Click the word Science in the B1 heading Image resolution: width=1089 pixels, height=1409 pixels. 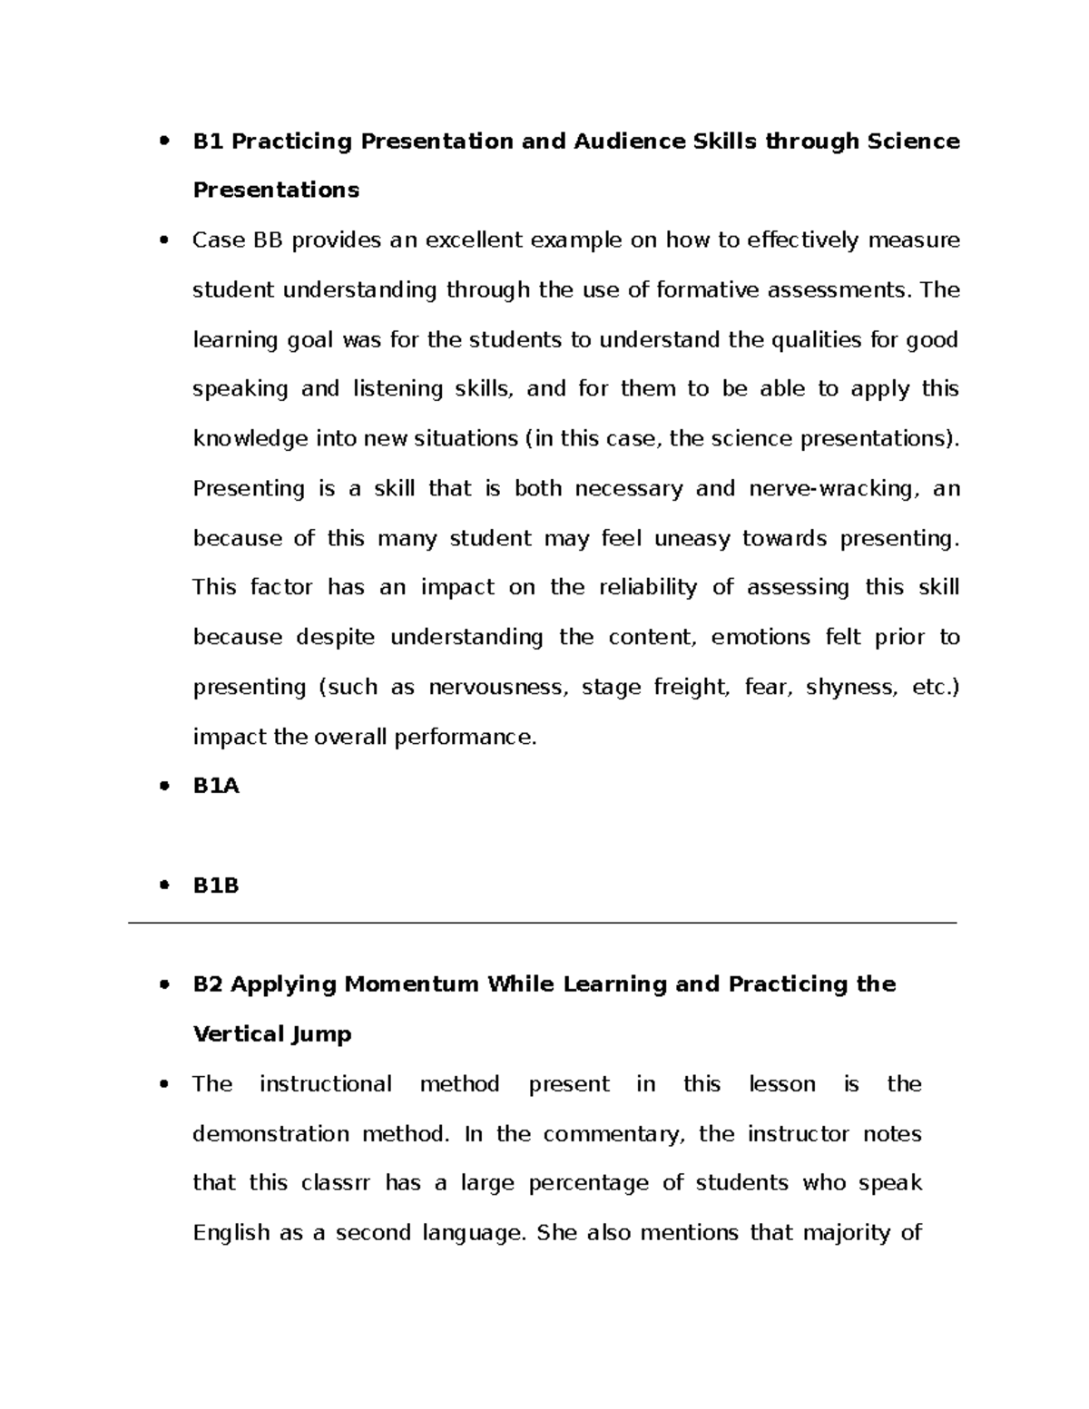tap(913, 142)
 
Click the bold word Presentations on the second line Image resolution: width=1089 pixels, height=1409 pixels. tap(276, 191)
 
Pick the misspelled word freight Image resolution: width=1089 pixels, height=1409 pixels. tap(691, 688)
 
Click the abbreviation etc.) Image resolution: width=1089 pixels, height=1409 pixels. tap(935, 688)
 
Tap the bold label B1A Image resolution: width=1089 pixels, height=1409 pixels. tap(216, 787)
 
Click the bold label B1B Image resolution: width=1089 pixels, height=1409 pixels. tap(216, 886)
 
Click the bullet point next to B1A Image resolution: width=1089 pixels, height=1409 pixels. tap(164, 787)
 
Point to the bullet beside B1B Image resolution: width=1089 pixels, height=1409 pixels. tap(164, 886)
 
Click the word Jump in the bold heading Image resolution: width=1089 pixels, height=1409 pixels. tap(321, 1035)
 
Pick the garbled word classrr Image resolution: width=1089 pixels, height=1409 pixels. tap(336, 1184)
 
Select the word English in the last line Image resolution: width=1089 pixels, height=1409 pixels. tap(231, 1234)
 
